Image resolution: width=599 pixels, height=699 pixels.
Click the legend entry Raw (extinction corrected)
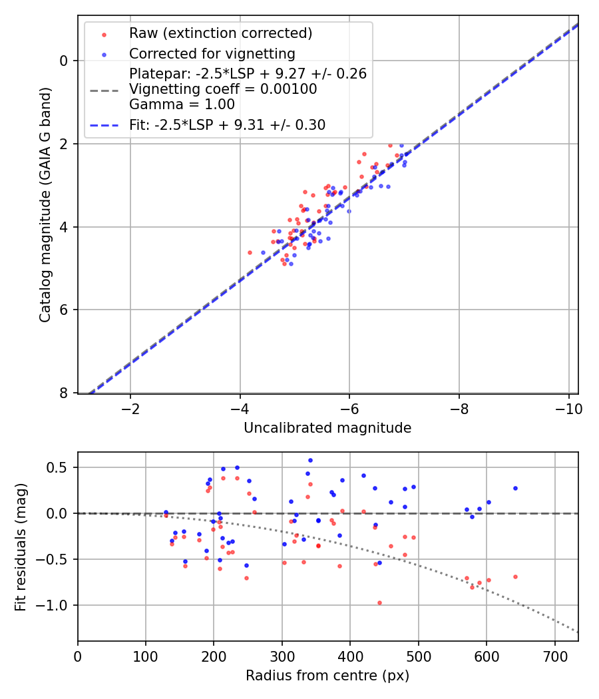[x=220, y=33]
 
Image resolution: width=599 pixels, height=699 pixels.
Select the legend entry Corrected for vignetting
[x=212, y=53]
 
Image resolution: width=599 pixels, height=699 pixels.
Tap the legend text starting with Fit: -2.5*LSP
[x=227, y=124]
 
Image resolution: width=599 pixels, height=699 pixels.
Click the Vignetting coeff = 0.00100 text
[x=223, y=89]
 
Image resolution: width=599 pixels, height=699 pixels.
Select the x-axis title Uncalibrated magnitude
[x=327, y=428]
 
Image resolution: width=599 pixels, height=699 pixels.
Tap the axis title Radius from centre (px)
[x=327, y=676]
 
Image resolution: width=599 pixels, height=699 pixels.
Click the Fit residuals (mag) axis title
[x=21, y=547]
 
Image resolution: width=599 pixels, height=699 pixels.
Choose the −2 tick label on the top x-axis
[x=130, y=408]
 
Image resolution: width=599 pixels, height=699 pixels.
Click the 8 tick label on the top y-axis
[x=64, y=393]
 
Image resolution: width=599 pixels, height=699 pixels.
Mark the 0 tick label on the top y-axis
[x=64, y=61]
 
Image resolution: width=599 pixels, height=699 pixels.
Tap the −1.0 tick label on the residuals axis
[x=55, y=605]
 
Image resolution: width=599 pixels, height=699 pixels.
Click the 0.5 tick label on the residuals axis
[x=59, y=467]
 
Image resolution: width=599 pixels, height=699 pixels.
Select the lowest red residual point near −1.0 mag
[x=379, y=602]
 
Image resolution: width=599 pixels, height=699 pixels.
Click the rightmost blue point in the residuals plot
[x=515, y=488]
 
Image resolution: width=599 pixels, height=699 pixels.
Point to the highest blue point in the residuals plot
[x=310, y=460]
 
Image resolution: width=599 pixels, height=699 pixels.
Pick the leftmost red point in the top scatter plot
[x=250, y=252]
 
